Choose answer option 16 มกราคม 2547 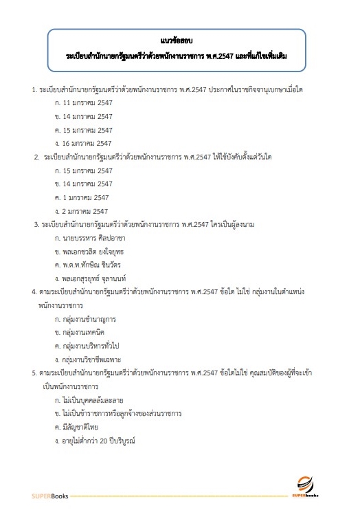pyautogui.click(x=87, y=143)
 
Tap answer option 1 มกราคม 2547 pyautogui.click(x=85, y=197)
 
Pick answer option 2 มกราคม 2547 pyautogui.click(x=85, y=210)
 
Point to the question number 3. pyautogui.click(x=36, y=224)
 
